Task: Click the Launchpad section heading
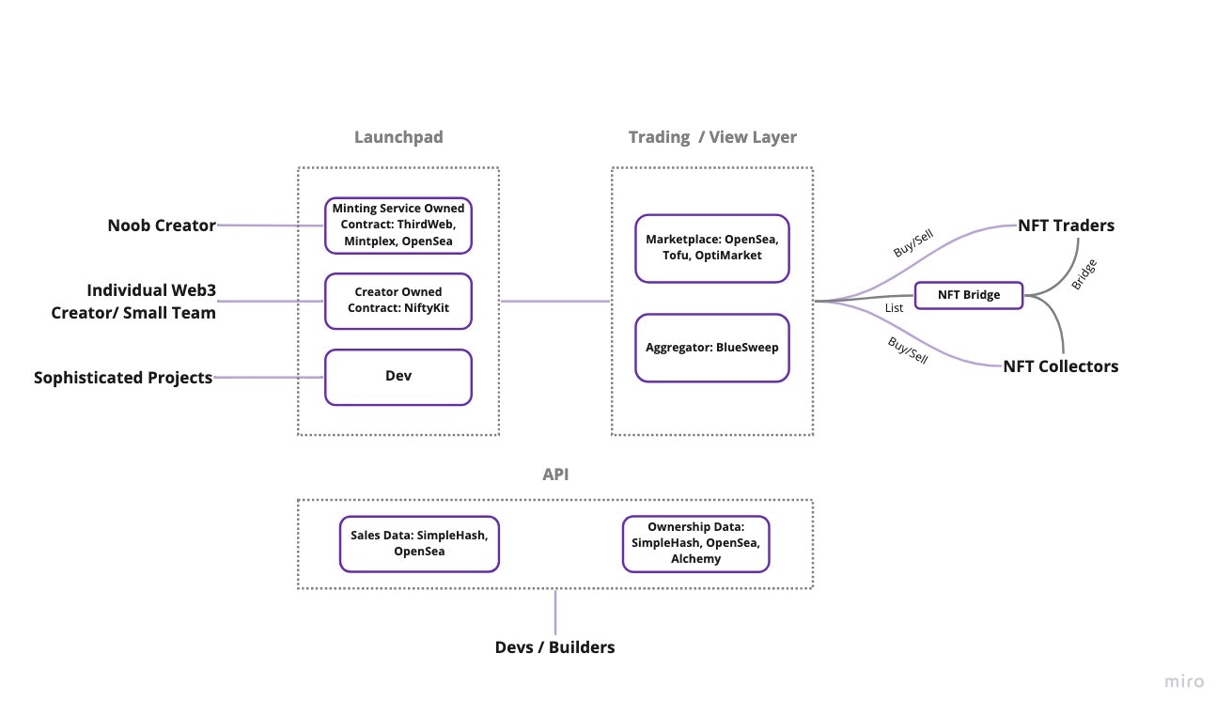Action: pos(398,137)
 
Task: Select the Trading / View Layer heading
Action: pos(712,137)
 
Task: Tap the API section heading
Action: pos(555,475)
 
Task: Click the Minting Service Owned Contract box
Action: pos(398,226)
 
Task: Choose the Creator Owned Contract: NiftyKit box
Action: pos(398,301)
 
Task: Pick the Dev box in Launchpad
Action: pos(398,376)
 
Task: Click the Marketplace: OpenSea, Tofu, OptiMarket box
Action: pos(712,248)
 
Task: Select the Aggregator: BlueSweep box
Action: pos(712,347)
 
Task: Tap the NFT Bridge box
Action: pos(969,295)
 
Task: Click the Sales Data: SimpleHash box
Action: pos(419,543)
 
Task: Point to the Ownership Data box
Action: pos(696,543)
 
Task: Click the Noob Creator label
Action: pos(162,226)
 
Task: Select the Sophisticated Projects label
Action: pos(123,378)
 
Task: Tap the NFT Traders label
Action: pos(1066,226)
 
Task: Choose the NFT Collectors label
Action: pos(1061,366)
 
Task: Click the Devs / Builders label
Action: pos(555,647)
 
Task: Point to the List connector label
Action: pos(895,307)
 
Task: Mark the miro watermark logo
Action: pos(1184,682)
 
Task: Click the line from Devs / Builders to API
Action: pos(555,613)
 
